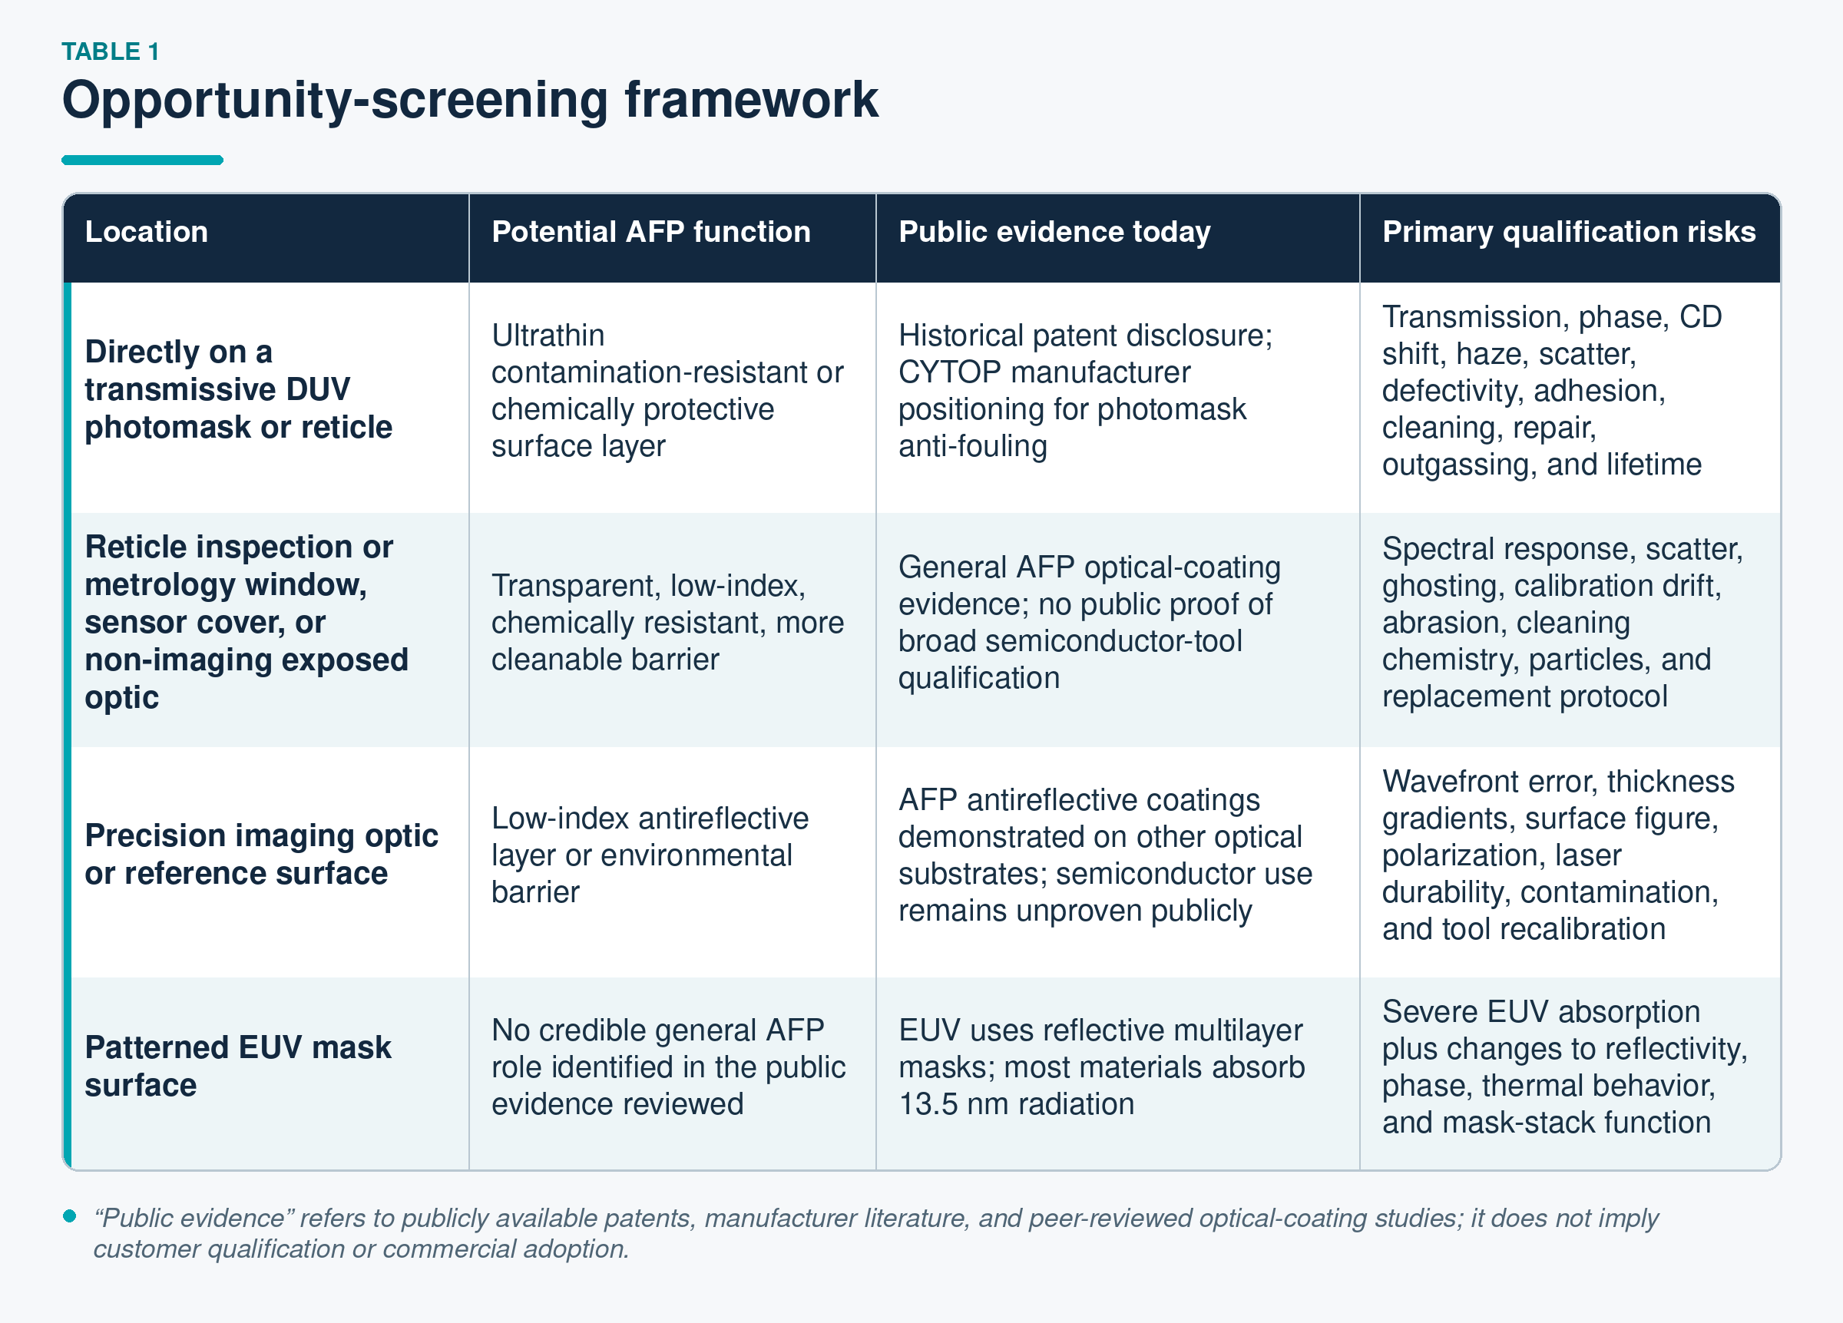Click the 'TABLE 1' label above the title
tap(111, 51)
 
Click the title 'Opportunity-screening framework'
tap(470, 101)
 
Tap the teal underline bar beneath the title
tap(142, 160)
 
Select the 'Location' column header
tap(146, 232)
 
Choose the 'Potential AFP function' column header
tap(651, 232)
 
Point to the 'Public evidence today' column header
tap(1054, 233)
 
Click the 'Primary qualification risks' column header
tap(1568, 233)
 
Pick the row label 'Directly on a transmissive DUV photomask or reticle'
tap(238, 389)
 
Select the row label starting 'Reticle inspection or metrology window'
tap(247, 622)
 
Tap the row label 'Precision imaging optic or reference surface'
tap(261, 854)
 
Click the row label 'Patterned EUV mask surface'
tap(237, 1067)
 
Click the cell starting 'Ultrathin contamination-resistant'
tap(667, 391)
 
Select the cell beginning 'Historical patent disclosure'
tap(1085, 391)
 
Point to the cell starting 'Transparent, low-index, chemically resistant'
tap(667, 623)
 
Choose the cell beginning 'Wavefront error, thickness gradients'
tap(1558, 855)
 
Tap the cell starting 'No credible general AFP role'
tap(668, 1067)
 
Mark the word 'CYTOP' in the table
tap(949, 372)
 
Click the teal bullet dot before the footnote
tap(70, 1216)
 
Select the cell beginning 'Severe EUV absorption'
tap(1564, 1067)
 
